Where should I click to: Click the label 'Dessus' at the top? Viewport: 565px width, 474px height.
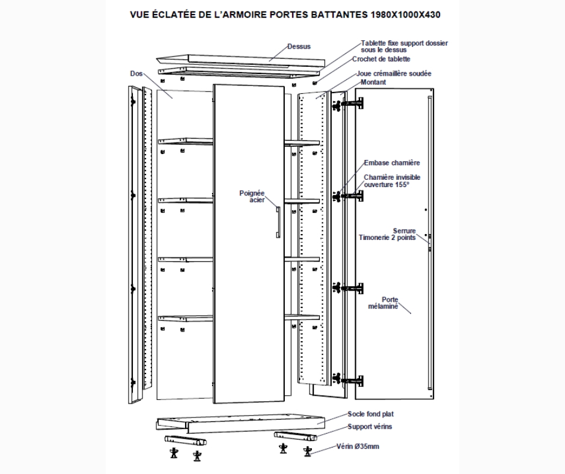coord(299,46)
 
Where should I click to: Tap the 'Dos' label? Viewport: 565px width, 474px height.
coord(136,73)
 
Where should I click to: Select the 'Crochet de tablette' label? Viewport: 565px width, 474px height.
coord(381,59)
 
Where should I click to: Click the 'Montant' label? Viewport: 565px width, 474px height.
coord(373,82)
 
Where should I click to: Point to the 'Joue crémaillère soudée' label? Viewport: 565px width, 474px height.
coord(394,73)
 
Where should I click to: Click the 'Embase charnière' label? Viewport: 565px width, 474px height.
coord(392,162)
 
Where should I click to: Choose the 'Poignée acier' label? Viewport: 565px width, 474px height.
coord(252,196)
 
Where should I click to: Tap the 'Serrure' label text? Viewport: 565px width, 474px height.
coord(405,230)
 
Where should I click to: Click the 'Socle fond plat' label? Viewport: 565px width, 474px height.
coord(370,414)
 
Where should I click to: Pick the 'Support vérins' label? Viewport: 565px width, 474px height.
coord(370,426)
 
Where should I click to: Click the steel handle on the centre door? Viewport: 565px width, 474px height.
coord(278,222)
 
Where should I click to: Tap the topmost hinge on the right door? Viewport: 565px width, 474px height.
coord(351,105)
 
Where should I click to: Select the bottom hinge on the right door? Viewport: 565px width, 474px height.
coord(351,380)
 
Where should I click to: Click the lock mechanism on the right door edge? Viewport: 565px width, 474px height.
coord(430,239)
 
